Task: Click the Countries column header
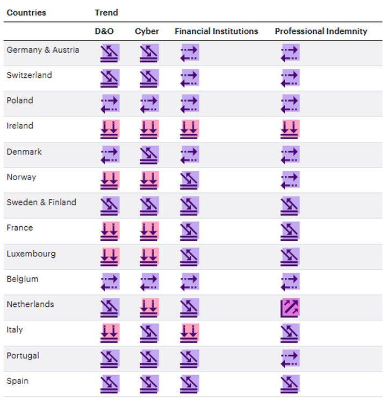pyautogui.click(x=26, y=12)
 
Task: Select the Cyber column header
pyautogui.click(x=147, y=31)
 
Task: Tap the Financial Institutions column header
pyautogui.click(x=216, y=31)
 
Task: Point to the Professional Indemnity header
pyautogui.click(x=321, y=31)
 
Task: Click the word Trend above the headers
pyautogui.click(x=106, y=12)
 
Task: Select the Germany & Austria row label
pyautogui.click(x=43, y=50)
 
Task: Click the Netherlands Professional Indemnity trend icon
pyautogui.click(x=290, y=308)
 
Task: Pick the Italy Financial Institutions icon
pyautogui.click(x=190, y=333)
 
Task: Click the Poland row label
pyautogui.click(x=20, y=100)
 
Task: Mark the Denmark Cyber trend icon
pyautogui.click(x=149, y=155)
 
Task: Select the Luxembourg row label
pyautogui.click(x=31, y=254)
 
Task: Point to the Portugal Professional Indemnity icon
pyautogui.click(x=290, y=358)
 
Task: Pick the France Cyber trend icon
pyautogui.click(x=149, y=231)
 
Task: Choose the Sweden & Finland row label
pyautogui.click(x=41, y=203)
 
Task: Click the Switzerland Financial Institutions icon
pyautogui.click(x=190, y=78)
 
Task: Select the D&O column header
pyautogui.click(x=104, y=31)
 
